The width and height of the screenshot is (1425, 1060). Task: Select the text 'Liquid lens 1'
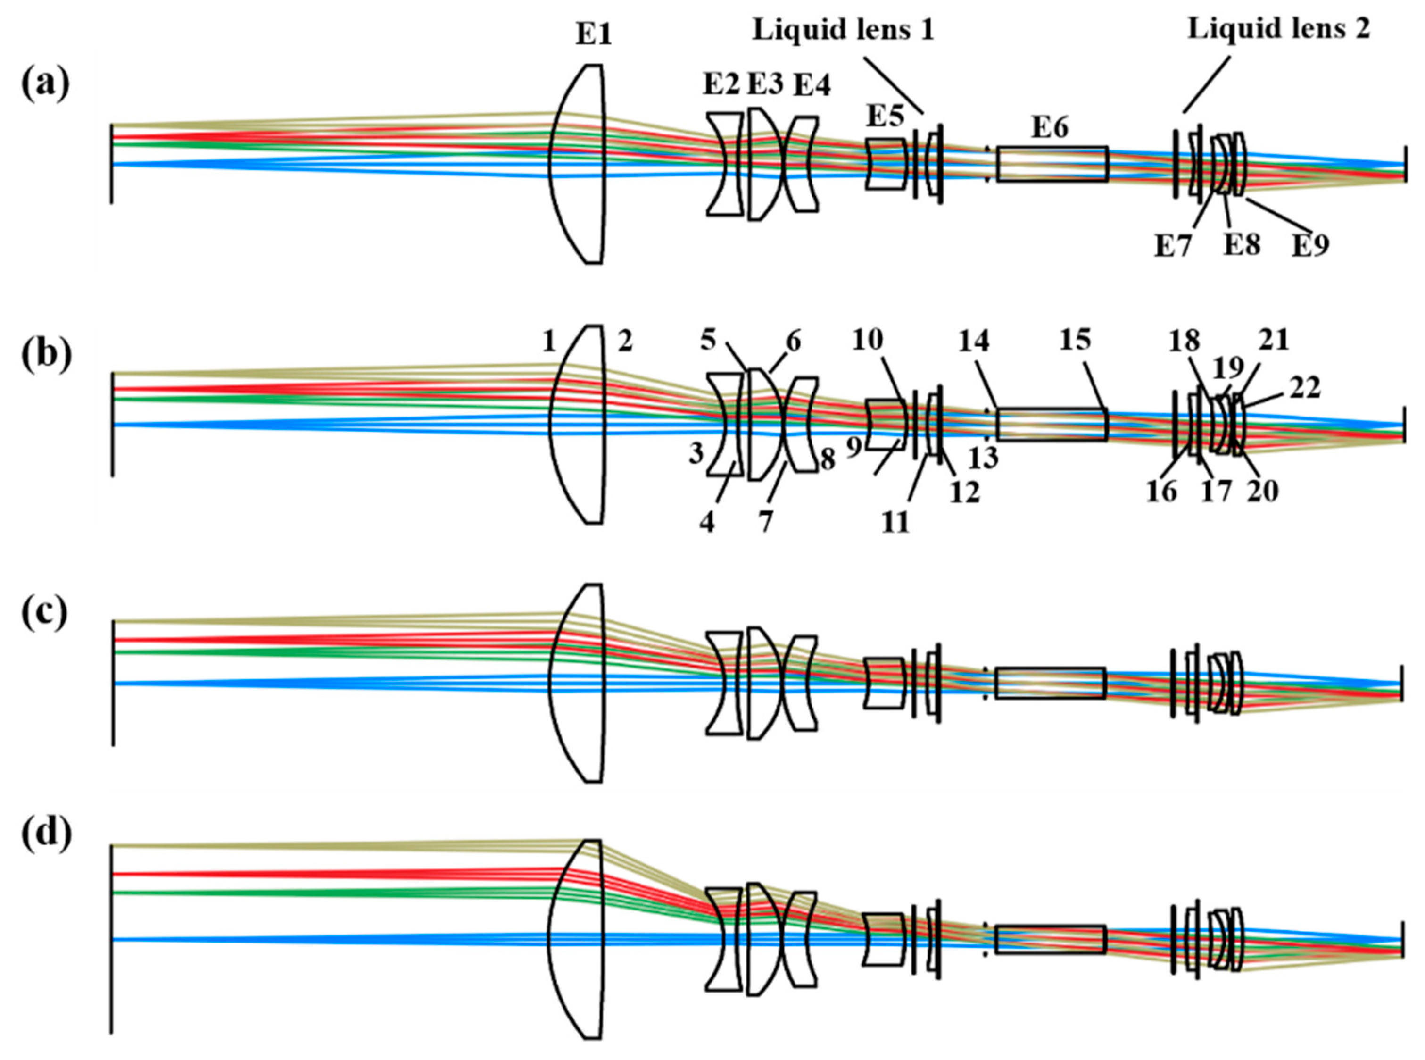pyautogui.click(x=843, y=30)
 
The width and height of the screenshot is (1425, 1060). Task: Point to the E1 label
pyautogui.click(x=593, y=34)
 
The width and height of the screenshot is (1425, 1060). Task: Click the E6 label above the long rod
pyautogui.click(x=1050, y=128)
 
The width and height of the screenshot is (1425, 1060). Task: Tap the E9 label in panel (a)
pyautogui.click(x=1309, y=245)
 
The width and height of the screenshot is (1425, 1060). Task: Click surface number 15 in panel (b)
pyautogui.click(x=1074, y=340)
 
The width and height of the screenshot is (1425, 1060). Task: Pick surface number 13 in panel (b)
pyautogui.click(x=983, y=458)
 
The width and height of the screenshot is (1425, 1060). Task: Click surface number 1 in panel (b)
pyautogui.click(x=548, y=342)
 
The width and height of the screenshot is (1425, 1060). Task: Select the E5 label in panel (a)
pyautogui.click(x=885, y=117)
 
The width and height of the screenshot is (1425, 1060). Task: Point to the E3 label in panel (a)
pyautogui.click(x=766, y=83)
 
